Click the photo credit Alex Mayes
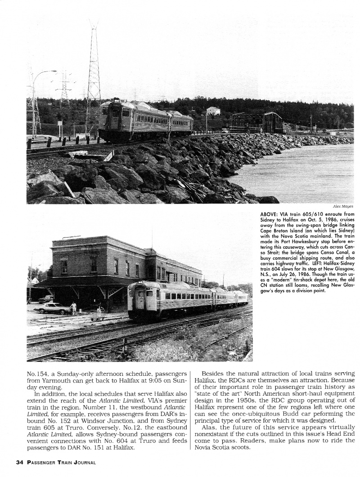(344, 206)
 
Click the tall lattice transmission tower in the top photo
(94, 76)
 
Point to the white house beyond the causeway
(213, 111)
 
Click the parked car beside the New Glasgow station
(53, 308)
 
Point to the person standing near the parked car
(73, 308)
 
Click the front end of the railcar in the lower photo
(138, 300)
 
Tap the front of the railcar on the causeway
(110, 119)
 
